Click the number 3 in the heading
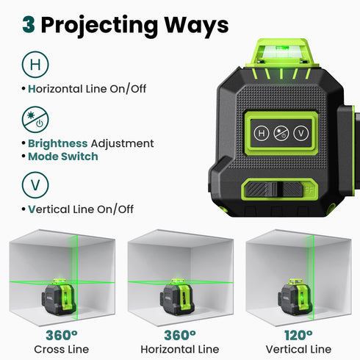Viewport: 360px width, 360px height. click(29, 24)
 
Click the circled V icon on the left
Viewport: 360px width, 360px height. click(35, 184)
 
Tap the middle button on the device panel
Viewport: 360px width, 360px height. click(280, 134)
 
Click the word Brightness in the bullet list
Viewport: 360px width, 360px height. click(58, 143)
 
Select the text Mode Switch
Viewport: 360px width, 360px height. click(62, 156)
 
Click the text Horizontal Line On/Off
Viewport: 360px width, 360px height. click(87, 88)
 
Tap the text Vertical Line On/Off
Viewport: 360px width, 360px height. click(81, 209)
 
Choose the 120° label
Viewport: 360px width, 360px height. click(298, 335)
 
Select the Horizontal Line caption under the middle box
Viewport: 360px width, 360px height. click(180, 349)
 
